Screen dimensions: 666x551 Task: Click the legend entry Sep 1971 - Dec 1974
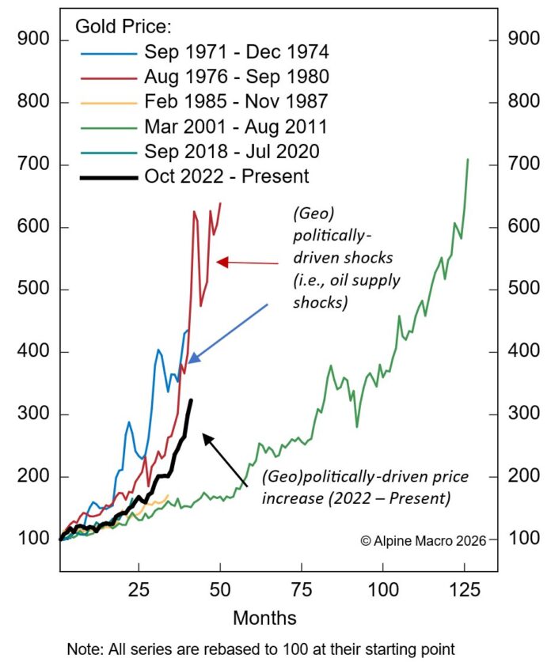(x=236, y=51)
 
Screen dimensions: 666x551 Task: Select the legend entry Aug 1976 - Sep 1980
(x=236, y=76)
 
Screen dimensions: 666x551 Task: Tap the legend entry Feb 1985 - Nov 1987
(x=236, y=100)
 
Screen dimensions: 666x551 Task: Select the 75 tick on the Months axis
(x=302, y=589)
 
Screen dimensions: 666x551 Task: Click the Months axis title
(x=265, y=617)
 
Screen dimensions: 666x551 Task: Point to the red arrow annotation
(x=247, y=262)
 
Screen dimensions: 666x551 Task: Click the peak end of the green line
(x=468, y=160)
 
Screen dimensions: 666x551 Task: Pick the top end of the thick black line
(x=191, y=400)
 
